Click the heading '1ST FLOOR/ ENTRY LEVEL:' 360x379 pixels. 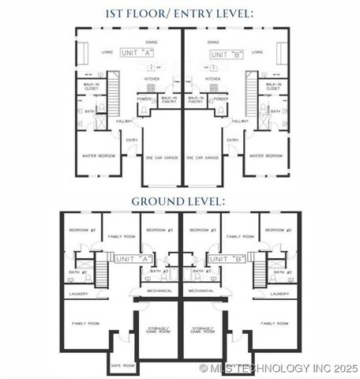180,13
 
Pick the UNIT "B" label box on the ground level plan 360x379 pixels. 227,258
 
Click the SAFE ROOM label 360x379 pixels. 122,366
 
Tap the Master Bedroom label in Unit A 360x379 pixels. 99,156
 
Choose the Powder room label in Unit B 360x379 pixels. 221,99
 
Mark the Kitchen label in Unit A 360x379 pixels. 152,79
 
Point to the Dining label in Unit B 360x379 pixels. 213,43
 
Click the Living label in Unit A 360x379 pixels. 107,53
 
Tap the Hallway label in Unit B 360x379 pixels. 239,121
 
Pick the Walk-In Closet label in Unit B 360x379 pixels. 273,87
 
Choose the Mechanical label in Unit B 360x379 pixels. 201,291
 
